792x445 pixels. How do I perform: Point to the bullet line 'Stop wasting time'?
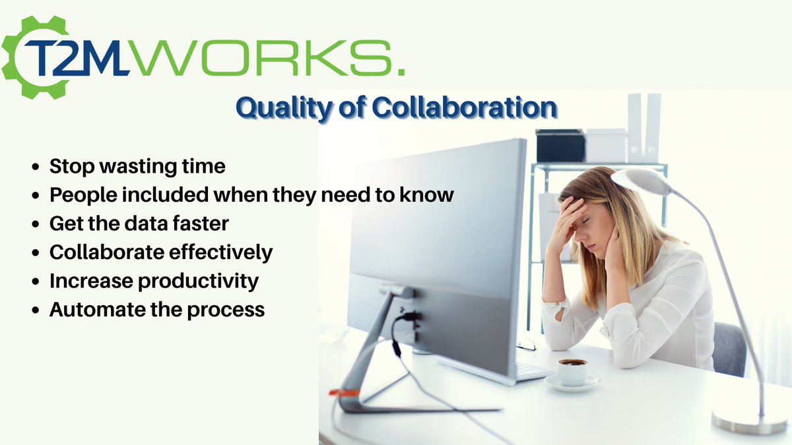[137, 166]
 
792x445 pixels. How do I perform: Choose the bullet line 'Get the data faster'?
[139, 223]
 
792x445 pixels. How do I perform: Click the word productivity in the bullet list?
[198, 281]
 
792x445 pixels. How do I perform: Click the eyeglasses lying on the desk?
[527, 344]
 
